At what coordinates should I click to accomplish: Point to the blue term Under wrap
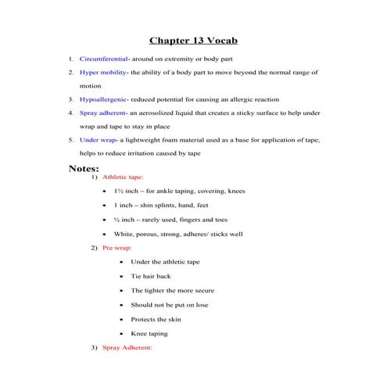[98, 140]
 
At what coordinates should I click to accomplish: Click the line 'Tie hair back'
[152, 276]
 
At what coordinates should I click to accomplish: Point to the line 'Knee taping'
[149, 333]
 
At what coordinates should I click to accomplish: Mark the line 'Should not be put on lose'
[170, 304]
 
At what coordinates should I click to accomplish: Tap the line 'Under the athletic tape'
[166, 262]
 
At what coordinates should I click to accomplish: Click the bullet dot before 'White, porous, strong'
[104, 234]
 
